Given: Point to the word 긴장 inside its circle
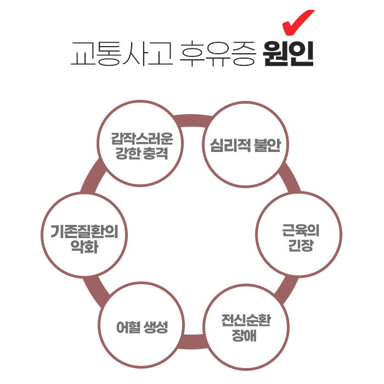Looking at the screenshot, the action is click(x=300, y=246).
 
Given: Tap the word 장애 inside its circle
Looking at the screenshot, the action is click(x=246, y=335).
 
